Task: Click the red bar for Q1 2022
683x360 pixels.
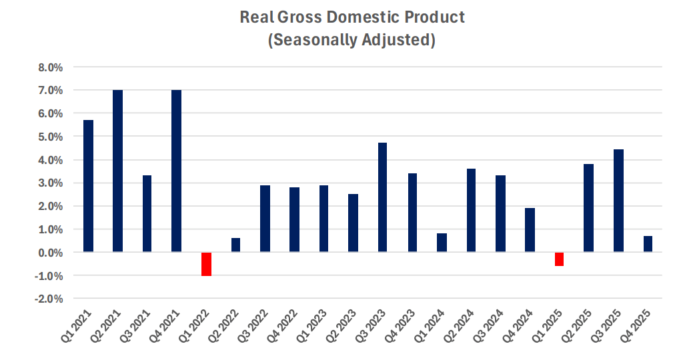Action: pos(206,264)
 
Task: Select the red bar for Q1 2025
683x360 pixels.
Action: pos(559,259)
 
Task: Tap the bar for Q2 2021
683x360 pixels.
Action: pos(117,171)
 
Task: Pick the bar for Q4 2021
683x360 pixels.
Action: pos(176,171)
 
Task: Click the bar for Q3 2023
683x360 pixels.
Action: pos(382,197)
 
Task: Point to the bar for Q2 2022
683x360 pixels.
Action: pos(235,245)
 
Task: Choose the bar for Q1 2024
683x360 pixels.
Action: pos(442,243)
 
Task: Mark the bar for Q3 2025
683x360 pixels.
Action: pos(618,201)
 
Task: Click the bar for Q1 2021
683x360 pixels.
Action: pos(88,186)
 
